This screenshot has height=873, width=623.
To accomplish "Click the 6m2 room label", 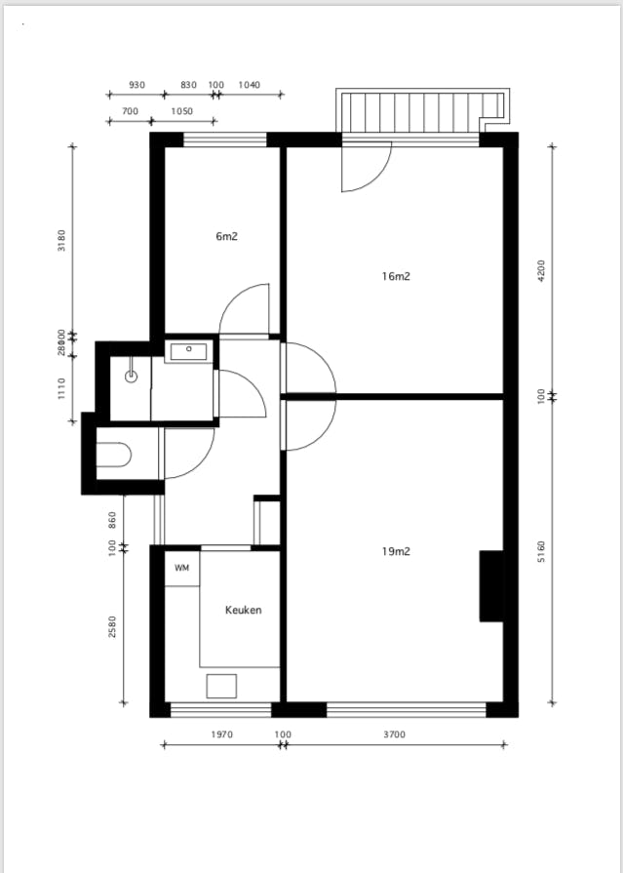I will pyautogui.click(x=226, y=236).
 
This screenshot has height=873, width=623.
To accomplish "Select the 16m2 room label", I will pyautogui.click(x=396, y=276).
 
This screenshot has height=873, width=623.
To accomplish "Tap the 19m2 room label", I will pyautogui.click(x=396, y=551).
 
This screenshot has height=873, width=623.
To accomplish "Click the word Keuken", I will pyautogui.click(x=243, y=611).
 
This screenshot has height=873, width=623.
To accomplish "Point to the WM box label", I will pyautogui.click(x=181, y=568).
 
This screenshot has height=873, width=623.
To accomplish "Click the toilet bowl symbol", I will pyautogui.click(x=114, y=455).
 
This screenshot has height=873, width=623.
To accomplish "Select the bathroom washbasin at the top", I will pyautogui.click(x=187, y=351).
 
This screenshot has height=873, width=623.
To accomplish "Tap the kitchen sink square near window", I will pyautogui.click(x=221, y=686).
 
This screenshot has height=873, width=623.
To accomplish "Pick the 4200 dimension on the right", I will pyautogui.click(x=542, y=270).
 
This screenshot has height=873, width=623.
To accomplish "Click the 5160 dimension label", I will pyautogui.click(x=542, y=551).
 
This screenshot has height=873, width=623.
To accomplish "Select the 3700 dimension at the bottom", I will pyautogui.click(x=394, y=734).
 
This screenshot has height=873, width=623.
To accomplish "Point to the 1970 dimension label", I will pyautogui.click(x=221, y=734).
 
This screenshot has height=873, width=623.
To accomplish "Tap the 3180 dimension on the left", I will pyautogui.click(x=61, y=240).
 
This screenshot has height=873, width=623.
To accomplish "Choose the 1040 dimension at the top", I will pyautogui.click(x=249, y=85).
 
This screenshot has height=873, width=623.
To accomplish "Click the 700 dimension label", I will pyautogui.click(x=130, y=111).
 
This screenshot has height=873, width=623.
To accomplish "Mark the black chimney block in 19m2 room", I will pyautogui.click(x=491, y=585).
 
